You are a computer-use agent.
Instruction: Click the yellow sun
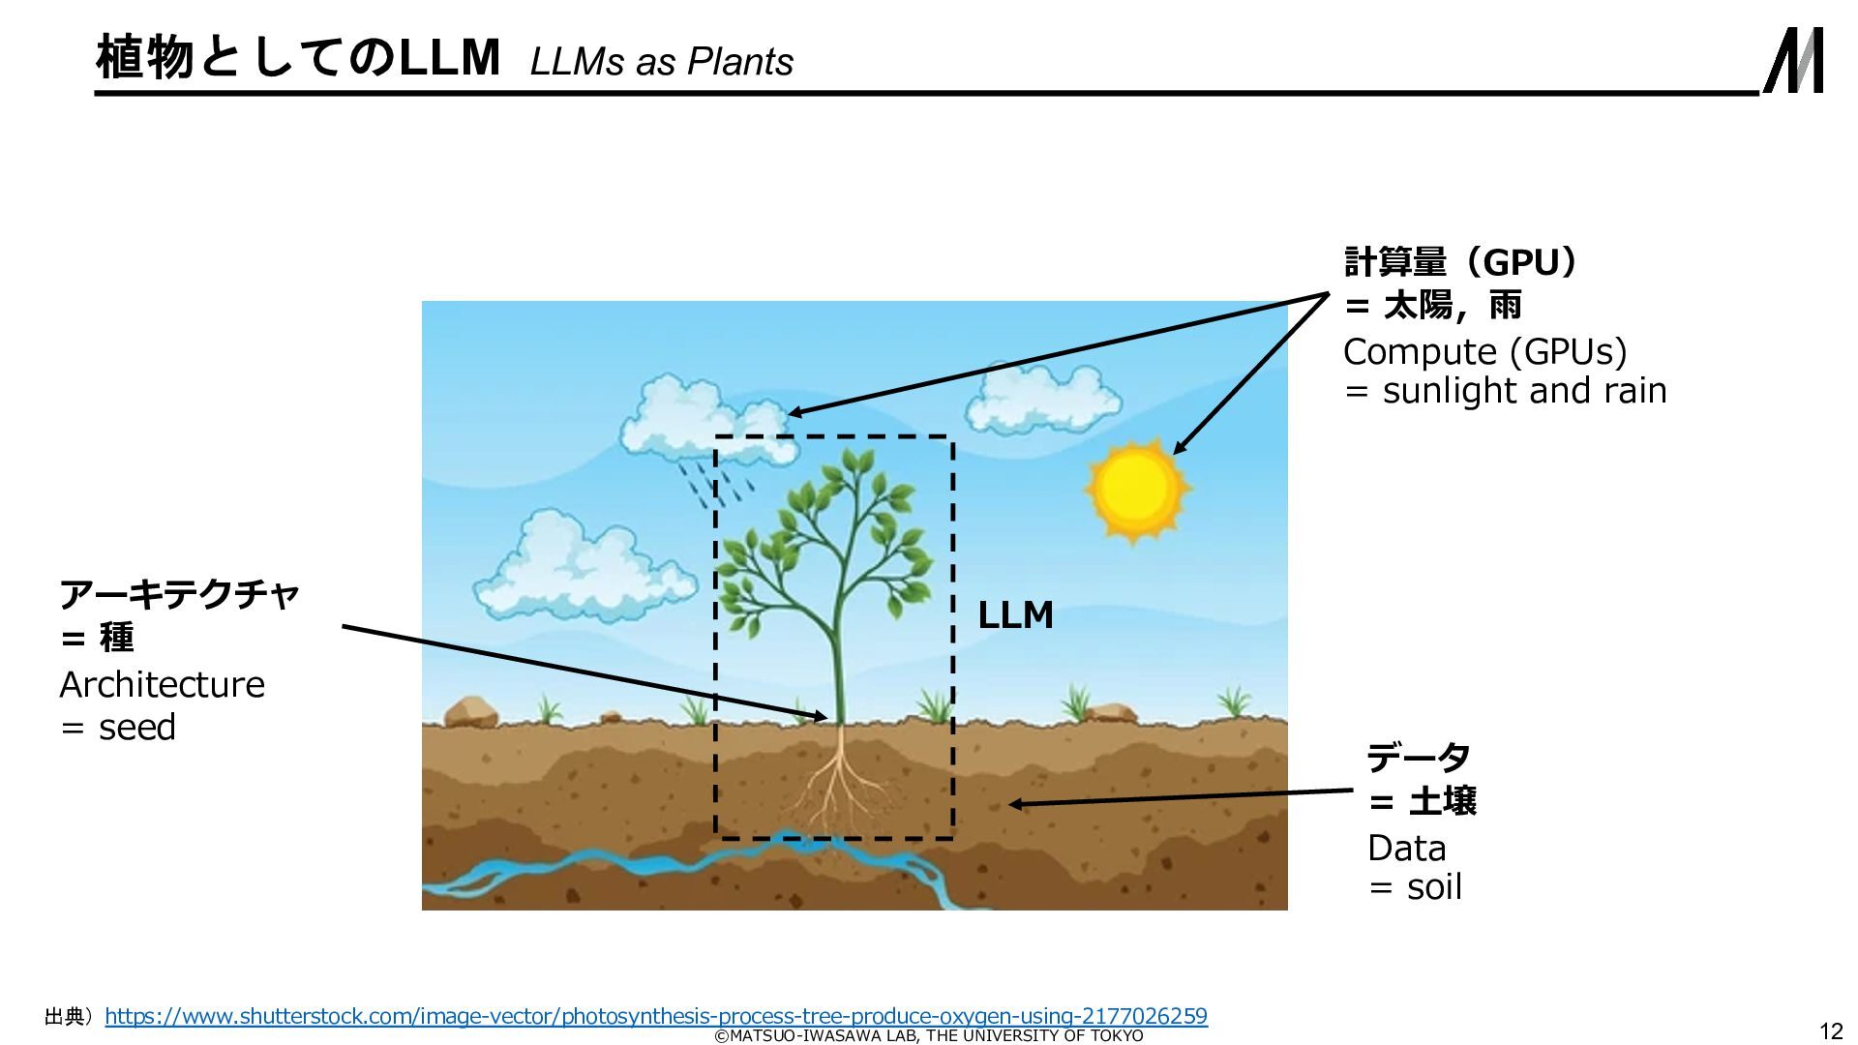click(1136, 488)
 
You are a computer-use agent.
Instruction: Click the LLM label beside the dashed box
click(1015, 615)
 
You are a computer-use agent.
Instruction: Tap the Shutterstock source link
click(655, 1016)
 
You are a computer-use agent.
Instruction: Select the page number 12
click(1830, 1030)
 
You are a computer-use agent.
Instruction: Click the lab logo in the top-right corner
click(1794, 61)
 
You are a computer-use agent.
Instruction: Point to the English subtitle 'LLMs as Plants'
click(661, 62)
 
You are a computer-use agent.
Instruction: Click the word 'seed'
click(137, 728)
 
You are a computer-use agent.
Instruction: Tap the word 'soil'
click(1434, 887)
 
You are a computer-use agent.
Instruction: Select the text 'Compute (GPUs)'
click(1484, 352)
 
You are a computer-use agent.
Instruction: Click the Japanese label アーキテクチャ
click(180, 594)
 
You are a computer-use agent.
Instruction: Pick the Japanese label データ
click(1418, 758)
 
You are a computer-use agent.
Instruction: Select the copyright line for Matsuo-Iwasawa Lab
click(928, 1036)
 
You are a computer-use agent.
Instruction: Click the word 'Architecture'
click(162, 685)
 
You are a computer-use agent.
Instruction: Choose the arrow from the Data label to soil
click(1181, 797)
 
